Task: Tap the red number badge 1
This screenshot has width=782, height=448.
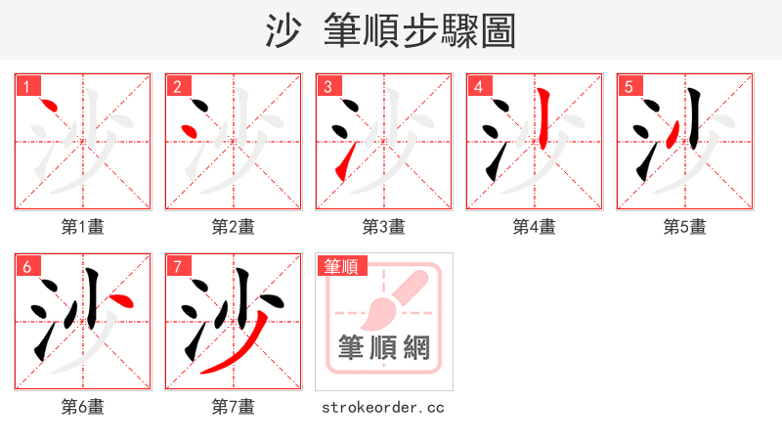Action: click(25, 87)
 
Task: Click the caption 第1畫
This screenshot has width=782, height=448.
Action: click(83, 226)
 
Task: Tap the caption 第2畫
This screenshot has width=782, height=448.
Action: click(234, 226)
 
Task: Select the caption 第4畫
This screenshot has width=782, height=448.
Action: click(535, 226)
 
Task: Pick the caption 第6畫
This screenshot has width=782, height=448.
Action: click(83, 406)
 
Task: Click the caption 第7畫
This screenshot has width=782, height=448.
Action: click(234, 406)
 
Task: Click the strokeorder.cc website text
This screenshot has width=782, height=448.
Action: click(383, 406)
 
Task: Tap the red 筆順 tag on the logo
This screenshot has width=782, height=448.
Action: click(341, 266)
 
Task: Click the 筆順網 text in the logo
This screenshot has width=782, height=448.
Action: click(383, 347)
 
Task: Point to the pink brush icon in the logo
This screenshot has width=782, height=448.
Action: click(391, 298)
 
